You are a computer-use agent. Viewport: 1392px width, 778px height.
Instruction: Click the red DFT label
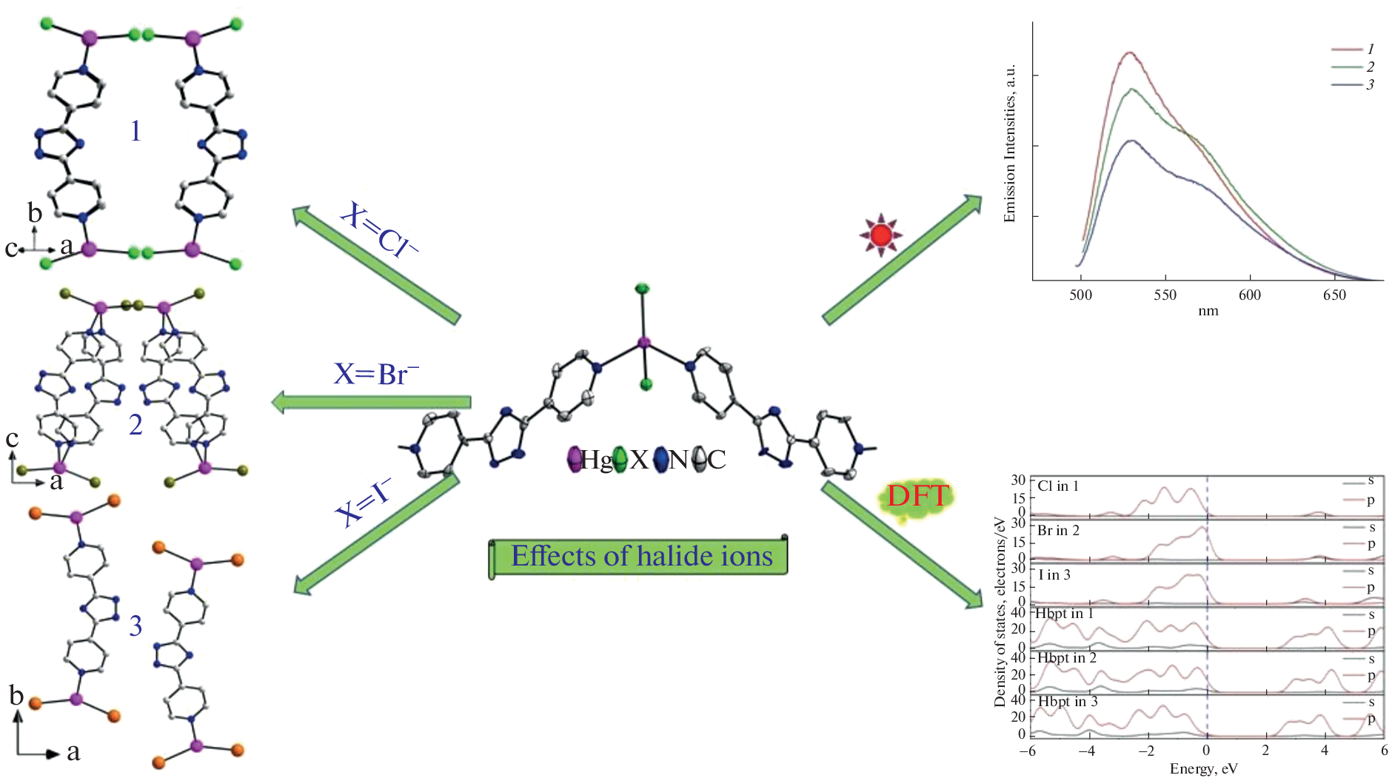tap(918, 495)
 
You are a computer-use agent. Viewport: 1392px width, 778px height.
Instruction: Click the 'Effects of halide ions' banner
tap(641, 556)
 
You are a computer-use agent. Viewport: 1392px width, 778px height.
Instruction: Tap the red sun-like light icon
tap(880, 235)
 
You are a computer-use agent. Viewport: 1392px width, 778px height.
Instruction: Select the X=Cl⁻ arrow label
tap(378, 231)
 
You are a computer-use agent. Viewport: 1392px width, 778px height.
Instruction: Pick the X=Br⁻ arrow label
tap(375, 374)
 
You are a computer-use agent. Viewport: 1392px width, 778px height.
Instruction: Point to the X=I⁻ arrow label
tap(362, 503)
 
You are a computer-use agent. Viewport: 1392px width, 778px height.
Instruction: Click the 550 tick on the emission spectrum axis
tap(1165, 295)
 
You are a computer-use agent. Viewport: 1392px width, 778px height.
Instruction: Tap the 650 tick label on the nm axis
tap(1334, 295)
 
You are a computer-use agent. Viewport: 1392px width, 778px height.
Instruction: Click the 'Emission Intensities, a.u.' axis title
tap(1009, 143)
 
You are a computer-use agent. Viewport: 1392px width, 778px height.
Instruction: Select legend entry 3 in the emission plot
tap(1370, 84)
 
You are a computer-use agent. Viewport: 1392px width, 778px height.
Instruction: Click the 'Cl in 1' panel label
tap(1058, 486)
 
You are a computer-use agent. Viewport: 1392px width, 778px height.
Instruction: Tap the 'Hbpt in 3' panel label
tap(1068, 701)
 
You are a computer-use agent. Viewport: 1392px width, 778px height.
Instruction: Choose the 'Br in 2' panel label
tap(1058, 531)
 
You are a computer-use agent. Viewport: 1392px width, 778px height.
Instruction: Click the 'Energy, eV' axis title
tap(1203, 768)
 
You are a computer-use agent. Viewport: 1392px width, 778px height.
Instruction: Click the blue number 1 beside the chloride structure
tap(135, 131)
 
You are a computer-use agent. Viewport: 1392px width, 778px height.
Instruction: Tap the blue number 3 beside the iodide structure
tap(135, 626)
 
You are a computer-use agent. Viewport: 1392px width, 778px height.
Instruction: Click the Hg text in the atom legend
tap(595, 460)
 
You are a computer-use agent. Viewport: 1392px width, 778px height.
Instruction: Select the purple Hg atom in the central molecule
tap(643, 342)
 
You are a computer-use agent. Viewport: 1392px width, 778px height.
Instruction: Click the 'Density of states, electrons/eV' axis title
tap(1000, 611)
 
